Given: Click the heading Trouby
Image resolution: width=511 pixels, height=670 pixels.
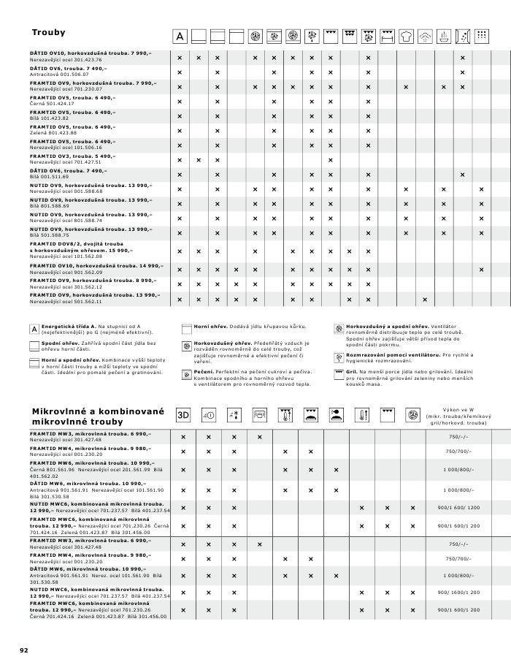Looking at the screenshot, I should point(48,33).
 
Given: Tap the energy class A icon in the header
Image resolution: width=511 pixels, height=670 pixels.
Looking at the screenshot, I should point(180,37).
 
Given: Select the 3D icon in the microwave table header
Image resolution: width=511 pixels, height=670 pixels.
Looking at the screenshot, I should point(183,415).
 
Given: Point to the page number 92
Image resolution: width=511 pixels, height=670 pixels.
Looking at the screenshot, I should point(23,649).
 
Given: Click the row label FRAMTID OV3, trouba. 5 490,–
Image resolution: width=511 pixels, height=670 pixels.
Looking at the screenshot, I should point(72,156).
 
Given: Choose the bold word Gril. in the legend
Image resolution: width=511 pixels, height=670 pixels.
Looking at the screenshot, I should point(352,372).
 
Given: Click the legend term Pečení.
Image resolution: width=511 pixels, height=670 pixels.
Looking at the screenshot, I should point(203,372).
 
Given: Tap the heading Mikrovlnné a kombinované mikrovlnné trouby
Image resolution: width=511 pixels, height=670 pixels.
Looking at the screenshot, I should point(98,416).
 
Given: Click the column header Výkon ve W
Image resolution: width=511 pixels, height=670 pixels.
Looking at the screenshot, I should point(460,410).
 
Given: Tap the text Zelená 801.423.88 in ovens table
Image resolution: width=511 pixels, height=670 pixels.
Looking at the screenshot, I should point(53,132).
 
